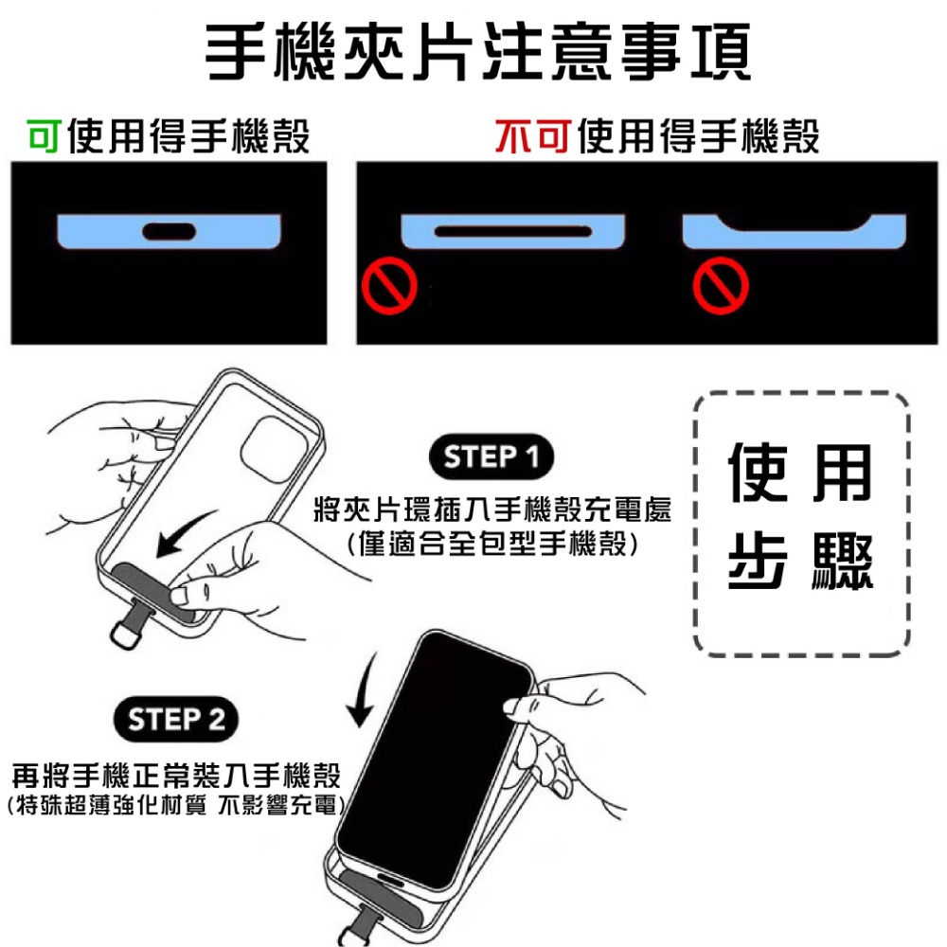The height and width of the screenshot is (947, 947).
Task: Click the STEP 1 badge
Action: click(x=491, y=457)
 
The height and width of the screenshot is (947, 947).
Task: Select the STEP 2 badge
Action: click(x=177, y=720)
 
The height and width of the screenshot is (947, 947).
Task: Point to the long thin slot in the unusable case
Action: click(x=512, y=231)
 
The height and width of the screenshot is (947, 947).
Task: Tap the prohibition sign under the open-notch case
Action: click(x=720, y=284)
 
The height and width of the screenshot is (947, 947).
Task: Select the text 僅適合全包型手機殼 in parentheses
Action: click(x=491, y=545)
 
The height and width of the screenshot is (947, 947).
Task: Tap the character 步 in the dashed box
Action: click(x=759, y=564)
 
